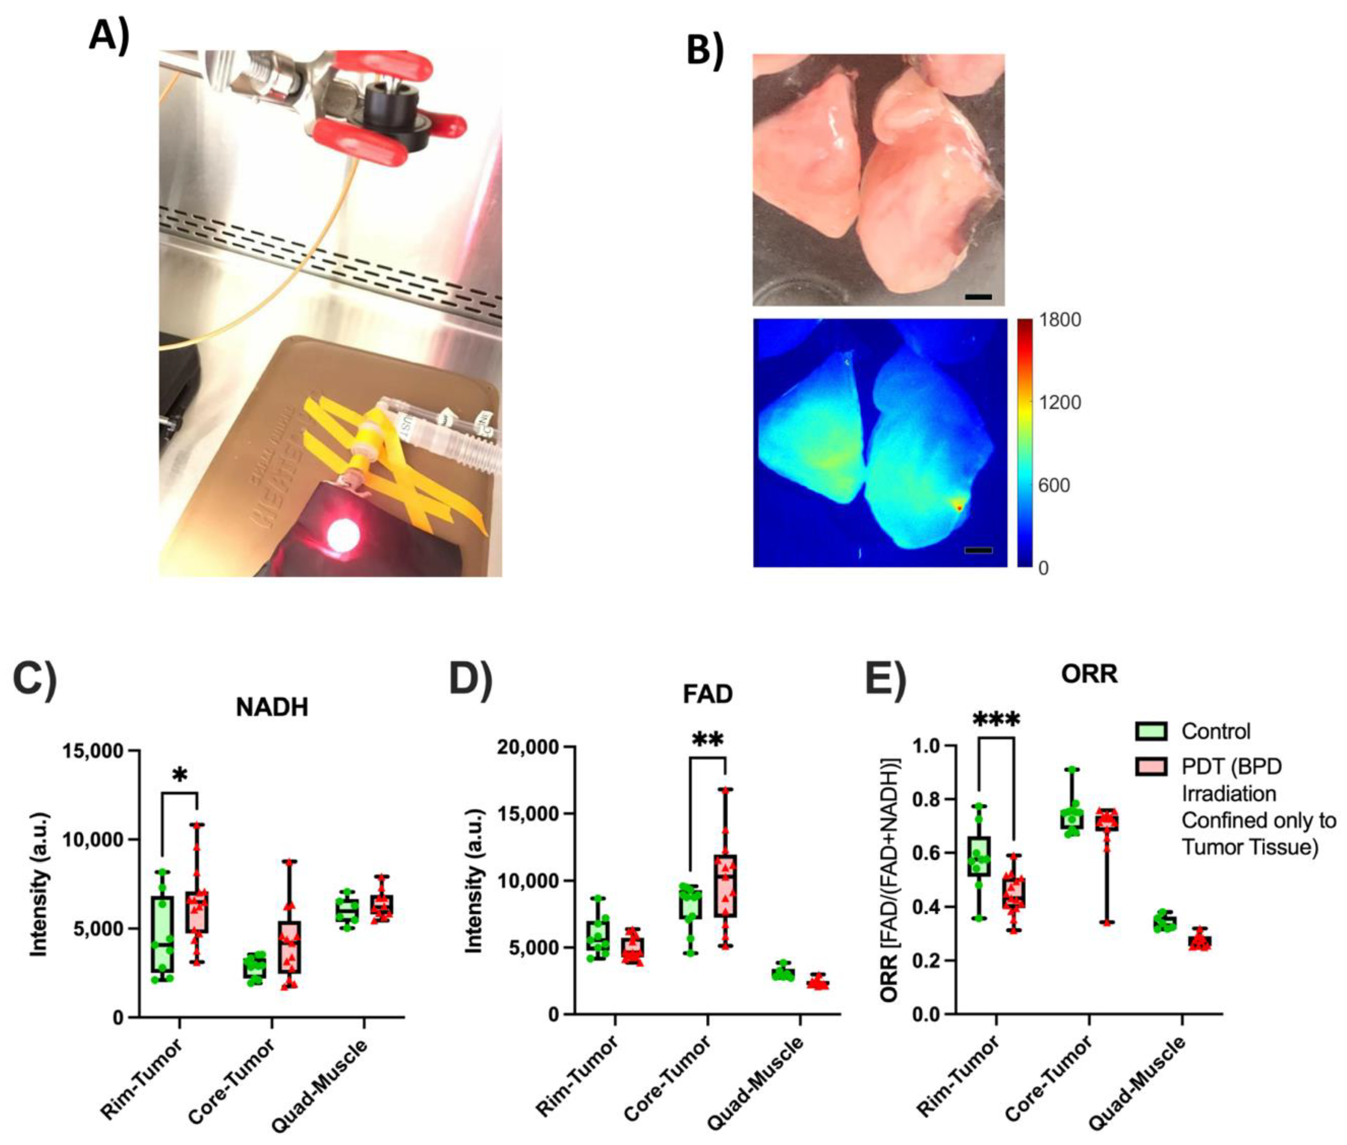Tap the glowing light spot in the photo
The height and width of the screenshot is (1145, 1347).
(343, 535)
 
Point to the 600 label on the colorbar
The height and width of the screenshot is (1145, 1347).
(1054, 485)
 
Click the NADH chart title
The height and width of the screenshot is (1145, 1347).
(271, 707)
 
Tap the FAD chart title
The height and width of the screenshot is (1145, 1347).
(707, 694)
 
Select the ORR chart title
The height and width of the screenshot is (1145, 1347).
(1089, 674)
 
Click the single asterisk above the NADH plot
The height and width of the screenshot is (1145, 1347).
(180, 775)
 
